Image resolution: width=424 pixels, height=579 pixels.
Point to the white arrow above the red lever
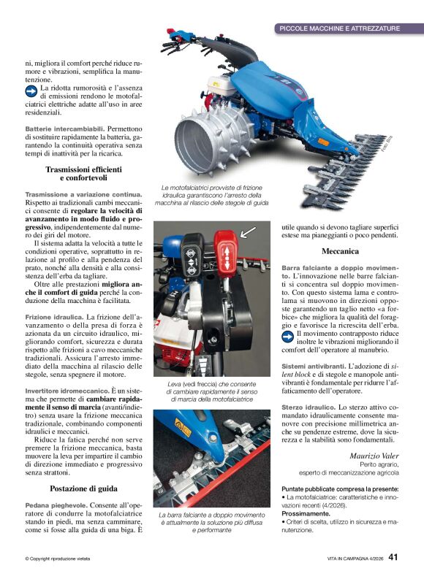pos(248,231)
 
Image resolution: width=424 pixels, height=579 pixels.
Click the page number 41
pos(394,559)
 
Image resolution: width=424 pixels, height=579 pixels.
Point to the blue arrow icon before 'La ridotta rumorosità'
pos(31,91)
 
